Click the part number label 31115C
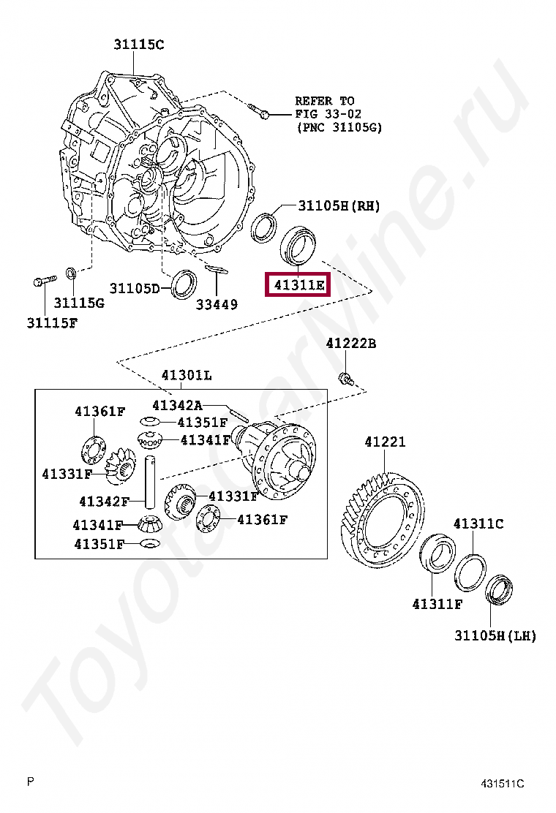pos(138,45)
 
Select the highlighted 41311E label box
pos(298,284)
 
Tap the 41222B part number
pos(350,343)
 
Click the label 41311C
pos(478,523)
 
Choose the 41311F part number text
pos(437,604)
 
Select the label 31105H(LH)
pos(495,635)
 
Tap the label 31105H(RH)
pos(338,205)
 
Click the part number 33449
pos(217,304)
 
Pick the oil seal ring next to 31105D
pos(183,284)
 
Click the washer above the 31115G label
pos(71,273)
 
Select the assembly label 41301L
pos(187,376)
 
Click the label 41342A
pos(177,405)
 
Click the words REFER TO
pos(324,100)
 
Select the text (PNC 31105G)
pos(339,127)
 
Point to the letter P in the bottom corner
pos(31,782)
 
